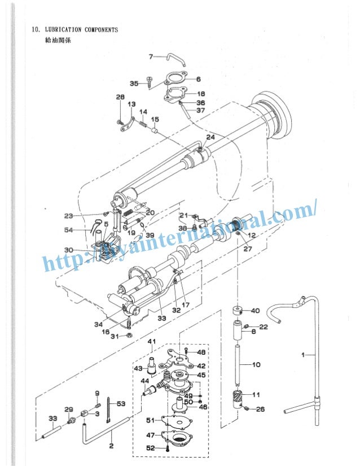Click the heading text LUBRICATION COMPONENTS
tap(81, 29)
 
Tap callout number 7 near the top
tap(151, 56)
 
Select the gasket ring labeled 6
tap(175, 79)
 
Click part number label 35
tap(134, 84)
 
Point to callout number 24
tap(210, 137)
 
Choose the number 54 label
tap(68, 230)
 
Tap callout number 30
tap(68, 250)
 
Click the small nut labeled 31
tap(128, 336)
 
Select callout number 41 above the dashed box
tap(151, 342)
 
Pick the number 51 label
tap(150, 420)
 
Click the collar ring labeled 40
tap(237, 311)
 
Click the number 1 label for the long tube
tap(304, 355)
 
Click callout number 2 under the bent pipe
tap(111, 446)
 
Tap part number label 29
tap(68, 409)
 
